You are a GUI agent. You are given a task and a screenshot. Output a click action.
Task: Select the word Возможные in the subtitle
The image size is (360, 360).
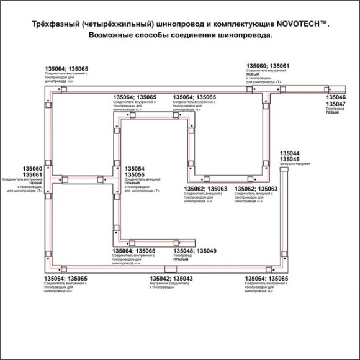(x=112, y=36)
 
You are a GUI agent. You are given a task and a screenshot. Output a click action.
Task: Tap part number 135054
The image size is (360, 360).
(x=135, y=169)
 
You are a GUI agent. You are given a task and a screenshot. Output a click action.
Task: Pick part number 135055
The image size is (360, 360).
(x=135, y=175)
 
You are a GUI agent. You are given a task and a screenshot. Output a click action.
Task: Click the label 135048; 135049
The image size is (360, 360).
(x=195, y=251)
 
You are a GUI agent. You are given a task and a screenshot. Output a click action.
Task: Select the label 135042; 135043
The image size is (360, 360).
(x=171, y=279)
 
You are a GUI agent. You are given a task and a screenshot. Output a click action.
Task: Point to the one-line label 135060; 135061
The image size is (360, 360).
(x=268, y=65)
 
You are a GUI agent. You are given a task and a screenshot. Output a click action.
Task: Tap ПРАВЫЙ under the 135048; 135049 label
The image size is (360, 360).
(x=181, y=259)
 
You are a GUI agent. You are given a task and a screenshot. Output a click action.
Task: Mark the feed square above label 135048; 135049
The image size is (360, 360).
(x=176, y=243)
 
